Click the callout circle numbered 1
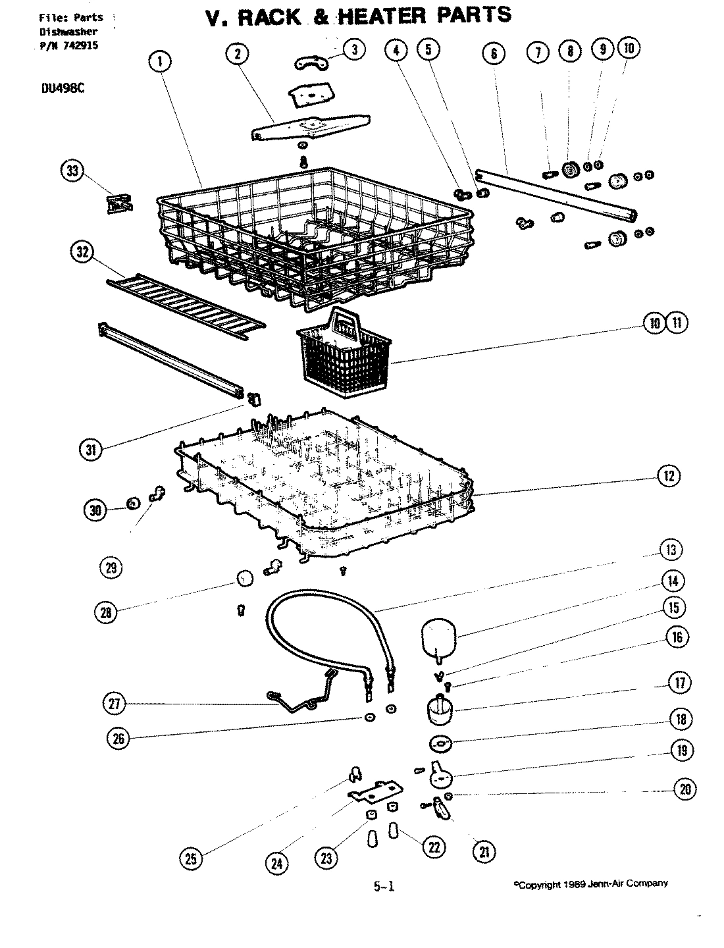pos(161,62)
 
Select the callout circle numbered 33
pos(72,171)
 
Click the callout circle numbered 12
pos(669,476)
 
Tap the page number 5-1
pos(384,886)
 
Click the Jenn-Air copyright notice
pos(590,884)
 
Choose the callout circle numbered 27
pos(114,703)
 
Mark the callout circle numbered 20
pos(685,789)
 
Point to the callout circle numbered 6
pos(494,53)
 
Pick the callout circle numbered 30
pos(95,509)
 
